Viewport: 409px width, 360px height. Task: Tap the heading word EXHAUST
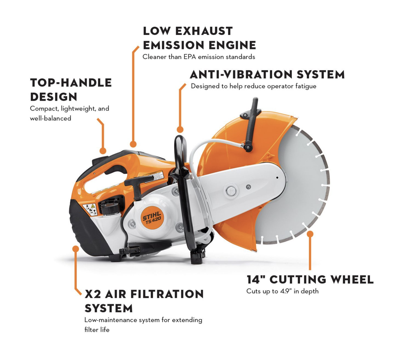[x=204, y=31]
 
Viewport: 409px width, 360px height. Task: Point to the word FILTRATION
[x=167, y=294]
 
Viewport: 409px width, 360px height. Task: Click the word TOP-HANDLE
[x=71, y=83]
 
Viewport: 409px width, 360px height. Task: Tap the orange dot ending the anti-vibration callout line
[x=180, y=129]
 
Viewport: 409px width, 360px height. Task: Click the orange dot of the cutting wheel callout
[x=310, y=234]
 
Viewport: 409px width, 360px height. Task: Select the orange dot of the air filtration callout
[x=76, y=249]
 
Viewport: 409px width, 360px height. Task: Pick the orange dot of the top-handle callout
[x=103, y=151]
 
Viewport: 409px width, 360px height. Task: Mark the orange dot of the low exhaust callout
[x=133, y=144]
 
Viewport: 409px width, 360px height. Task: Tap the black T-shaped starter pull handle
[x=138, y=181]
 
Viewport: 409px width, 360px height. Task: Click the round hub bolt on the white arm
[x=231, y=191]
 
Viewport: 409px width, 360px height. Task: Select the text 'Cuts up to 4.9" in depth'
[x=283, y=291]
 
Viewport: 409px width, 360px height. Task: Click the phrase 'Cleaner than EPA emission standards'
[x=199, y=57]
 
